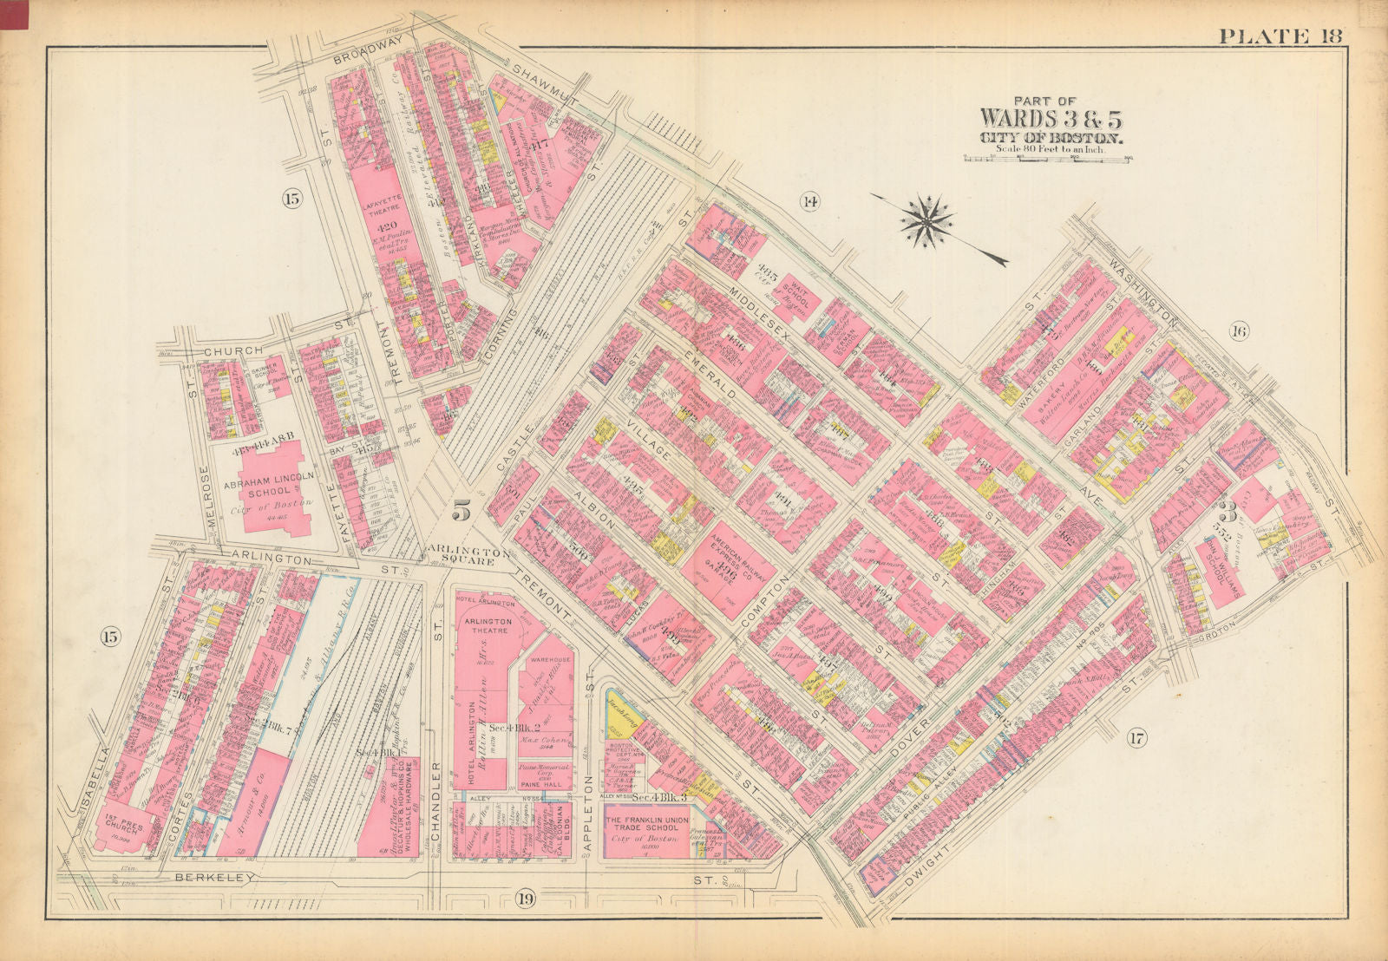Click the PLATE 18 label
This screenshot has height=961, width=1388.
1280,36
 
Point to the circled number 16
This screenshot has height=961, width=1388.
1237,330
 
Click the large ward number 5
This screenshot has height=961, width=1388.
462,512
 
